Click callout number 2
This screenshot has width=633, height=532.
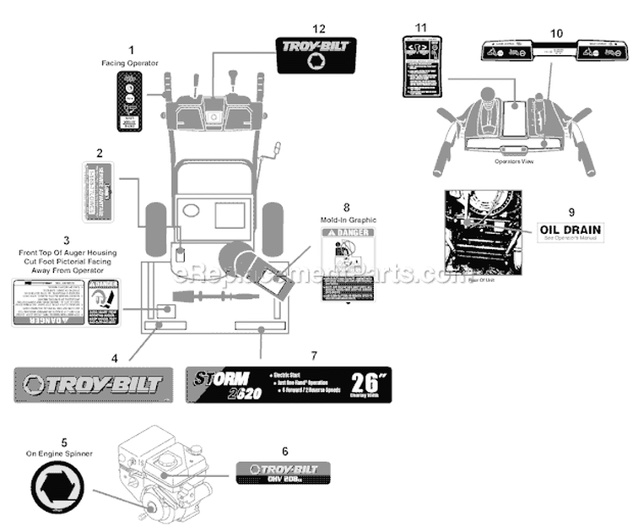(x=100, y=153)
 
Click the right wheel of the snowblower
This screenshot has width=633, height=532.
(x=272, y=227)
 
